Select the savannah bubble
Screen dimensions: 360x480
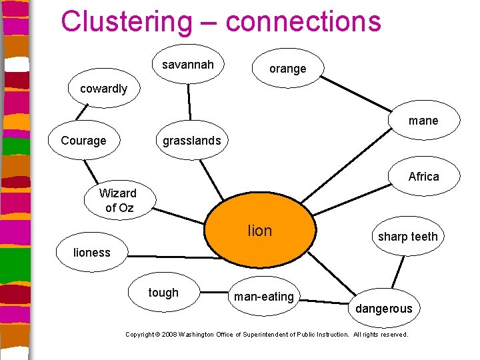[x=188, y=65]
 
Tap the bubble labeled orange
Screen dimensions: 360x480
[x=287, y=69]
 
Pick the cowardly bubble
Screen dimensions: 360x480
[x=104, y=89]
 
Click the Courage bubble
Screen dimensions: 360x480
[x=83, y=141]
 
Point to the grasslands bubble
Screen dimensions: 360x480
[x=191, y=141]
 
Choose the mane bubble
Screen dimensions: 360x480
[x=423, y=121]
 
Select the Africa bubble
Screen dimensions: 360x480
[x=423, y=177]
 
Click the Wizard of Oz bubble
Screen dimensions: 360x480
[x=118, y=201]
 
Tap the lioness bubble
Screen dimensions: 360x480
[x=92, y=252]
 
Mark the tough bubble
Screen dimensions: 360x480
[x=163, y=293]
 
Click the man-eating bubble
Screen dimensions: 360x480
[x=264, y=297]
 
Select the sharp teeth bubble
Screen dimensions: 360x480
[x=407, y=237]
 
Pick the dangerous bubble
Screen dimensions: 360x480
[x=383, y=309]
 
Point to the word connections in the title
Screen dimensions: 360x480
[x=303, y=21]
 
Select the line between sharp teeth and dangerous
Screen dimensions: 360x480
[x=398, y=272]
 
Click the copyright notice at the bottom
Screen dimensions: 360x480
[x=267, y=334]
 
